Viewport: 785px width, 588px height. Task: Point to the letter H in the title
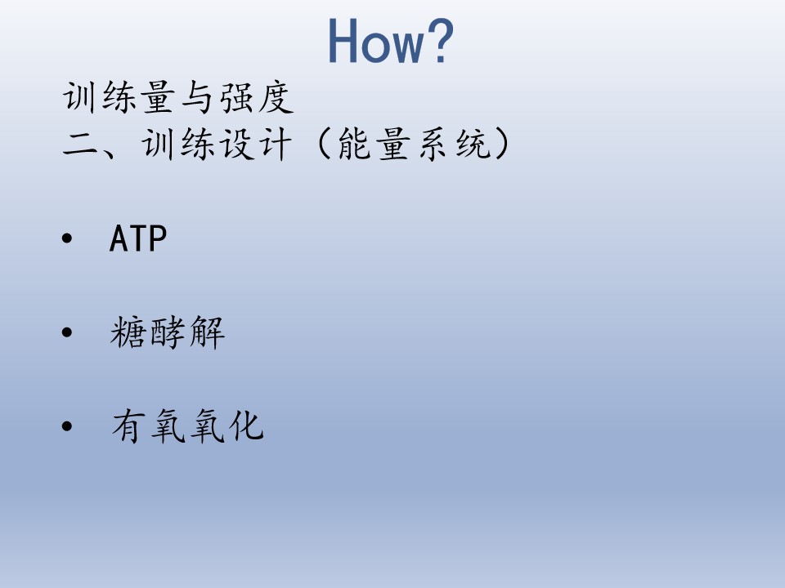[x=343, y=42]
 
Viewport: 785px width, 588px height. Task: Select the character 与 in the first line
[x=196, y=97]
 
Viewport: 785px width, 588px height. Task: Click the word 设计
[x=255, y=144]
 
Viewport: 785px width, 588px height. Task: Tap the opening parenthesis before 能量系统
[x=325, y=144]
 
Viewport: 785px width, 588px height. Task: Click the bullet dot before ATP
[x=67, y=238]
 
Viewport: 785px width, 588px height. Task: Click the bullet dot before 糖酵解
[x=67, y=332]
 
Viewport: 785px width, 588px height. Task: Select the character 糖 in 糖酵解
[x=128, y=332]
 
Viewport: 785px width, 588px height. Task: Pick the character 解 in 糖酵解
[x=207, y=332]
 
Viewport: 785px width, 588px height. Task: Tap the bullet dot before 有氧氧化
[x=67, y=426]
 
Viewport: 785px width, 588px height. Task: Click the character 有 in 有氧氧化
[x=128, y=426]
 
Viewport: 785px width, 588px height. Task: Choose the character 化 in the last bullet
[x=246, y=426]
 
